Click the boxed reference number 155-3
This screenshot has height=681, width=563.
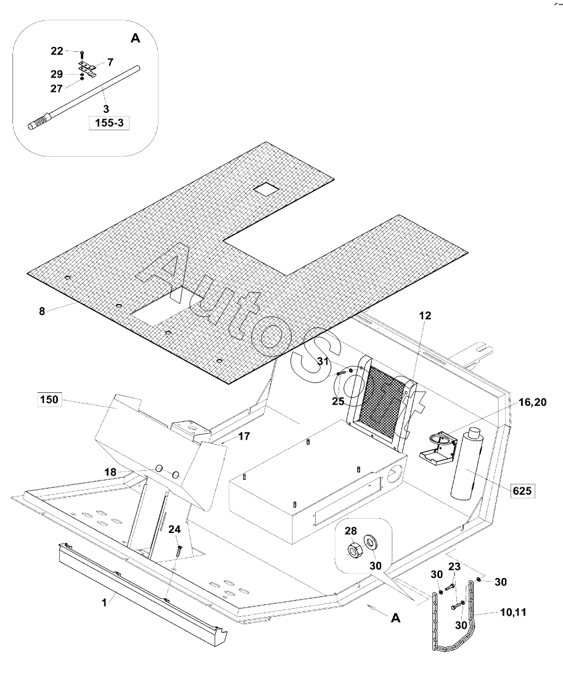(109, 123)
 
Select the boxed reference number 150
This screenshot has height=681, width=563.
(49, 399)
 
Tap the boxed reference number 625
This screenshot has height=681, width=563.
(522, 491)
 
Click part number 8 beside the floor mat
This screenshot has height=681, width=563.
(42, 311)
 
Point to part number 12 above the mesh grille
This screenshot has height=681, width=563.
(425, 316)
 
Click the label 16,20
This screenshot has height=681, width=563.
(533, 403)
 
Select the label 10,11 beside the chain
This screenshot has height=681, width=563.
(513, 613)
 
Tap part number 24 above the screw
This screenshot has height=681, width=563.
(175, 530)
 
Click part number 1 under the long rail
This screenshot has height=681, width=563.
(104, 603)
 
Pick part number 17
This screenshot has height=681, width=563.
(244, 436)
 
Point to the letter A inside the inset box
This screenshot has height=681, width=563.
(136, 39)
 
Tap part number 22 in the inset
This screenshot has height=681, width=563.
(57, 51)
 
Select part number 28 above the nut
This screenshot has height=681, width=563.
(351, 530)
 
